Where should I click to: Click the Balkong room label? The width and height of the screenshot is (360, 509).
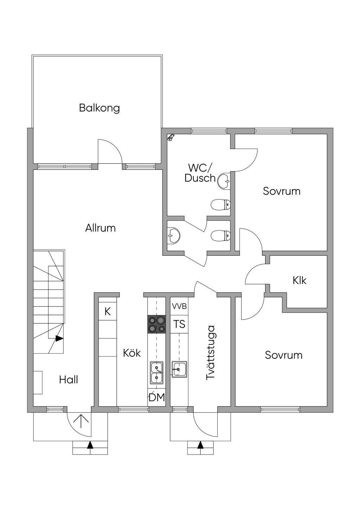[99, 108]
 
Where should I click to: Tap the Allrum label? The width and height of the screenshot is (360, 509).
[100, 228]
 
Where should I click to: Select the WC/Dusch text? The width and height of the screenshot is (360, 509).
[200, 173]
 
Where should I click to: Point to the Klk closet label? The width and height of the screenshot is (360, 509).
[300, 281]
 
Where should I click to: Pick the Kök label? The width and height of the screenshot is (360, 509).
[132, 353]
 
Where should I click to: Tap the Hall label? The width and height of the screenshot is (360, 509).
[69, 380]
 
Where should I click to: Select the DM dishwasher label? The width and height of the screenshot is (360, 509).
[157, 398]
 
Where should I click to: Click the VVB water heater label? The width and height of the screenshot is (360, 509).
[179, 306]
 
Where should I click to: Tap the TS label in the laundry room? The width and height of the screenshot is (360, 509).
[179, 324]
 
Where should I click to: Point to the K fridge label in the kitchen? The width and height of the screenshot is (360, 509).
[108, 311]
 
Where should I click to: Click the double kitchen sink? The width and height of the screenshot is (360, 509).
[156, 373]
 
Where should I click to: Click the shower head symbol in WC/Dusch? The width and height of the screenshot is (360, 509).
[171, 137]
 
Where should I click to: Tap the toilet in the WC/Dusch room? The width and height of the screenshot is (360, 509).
[221, 204]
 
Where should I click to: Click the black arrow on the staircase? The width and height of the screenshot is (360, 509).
[59, 339]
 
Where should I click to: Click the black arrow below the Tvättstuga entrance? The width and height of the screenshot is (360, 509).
[200, 445]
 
